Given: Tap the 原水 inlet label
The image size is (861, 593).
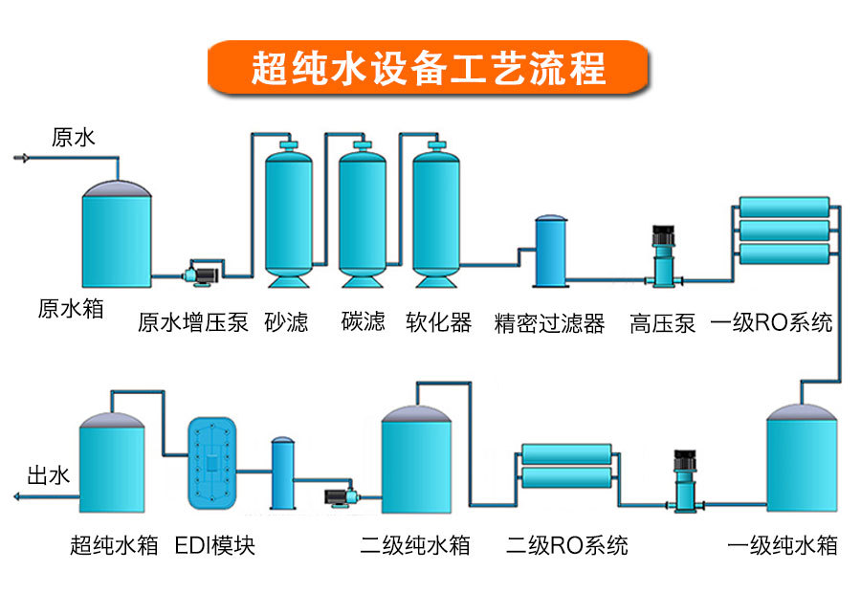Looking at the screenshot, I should pyautogui.click(x=74, y=138).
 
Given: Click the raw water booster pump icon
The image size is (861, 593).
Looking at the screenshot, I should pyautogui.click(x=204, y=272).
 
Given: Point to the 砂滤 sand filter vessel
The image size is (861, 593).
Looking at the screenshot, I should pyautogui.click(x=289, y=215).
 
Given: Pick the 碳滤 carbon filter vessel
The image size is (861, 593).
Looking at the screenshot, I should pyautogui.click(x=363, y=215).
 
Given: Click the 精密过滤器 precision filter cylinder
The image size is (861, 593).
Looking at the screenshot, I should pyautogui.click(x=550, y=251).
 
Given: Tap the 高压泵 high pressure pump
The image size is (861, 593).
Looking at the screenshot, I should pyautogui.click(x=663, y=254).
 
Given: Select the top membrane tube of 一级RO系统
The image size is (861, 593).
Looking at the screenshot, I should pyautogui.click(x=784, y=207).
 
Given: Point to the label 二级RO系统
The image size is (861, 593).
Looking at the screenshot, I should pyautogui.click(x=567, y=546).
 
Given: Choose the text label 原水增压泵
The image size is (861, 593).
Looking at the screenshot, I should pyautogui.click(x=193, y=322).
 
